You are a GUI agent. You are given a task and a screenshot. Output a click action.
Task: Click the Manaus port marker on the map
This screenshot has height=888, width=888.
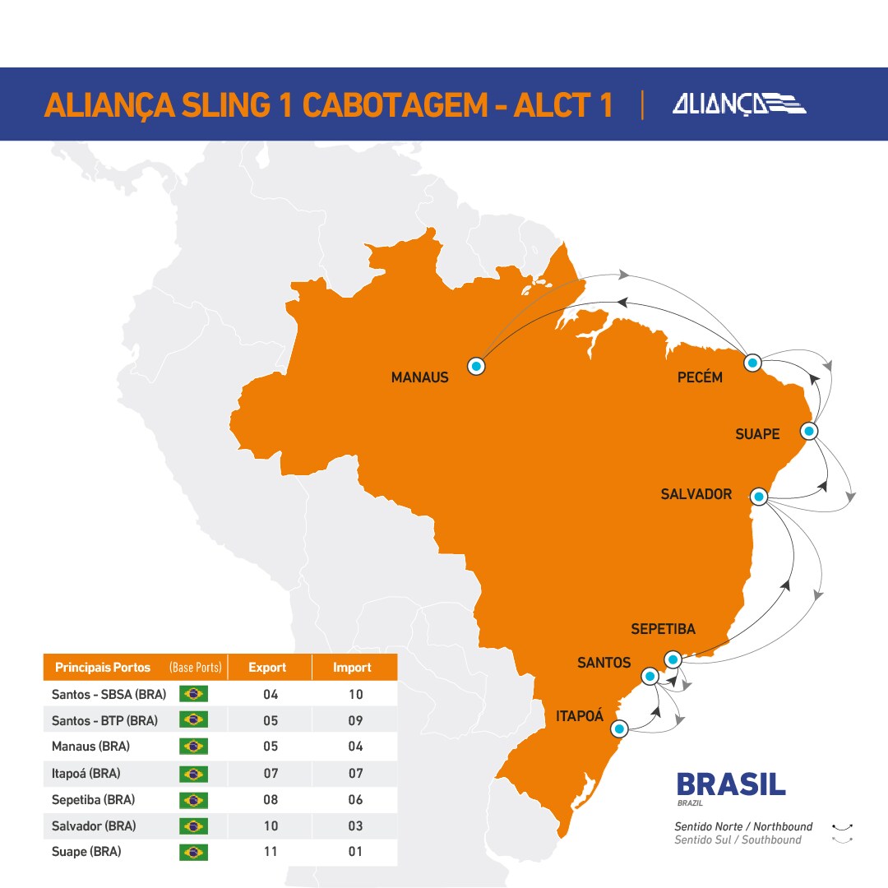click(476, 366)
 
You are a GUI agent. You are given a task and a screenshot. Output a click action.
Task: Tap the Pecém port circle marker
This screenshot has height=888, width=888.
click(752, 363)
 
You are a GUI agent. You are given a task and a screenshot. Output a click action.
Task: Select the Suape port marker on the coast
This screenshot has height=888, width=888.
click(809, 431)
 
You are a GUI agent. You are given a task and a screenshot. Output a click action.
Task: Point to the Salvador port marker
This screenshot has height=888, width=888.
click(759, 497)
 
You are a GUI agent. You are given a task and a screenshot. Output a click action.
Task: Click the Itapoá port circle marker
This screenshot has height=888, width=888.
click(620, 728)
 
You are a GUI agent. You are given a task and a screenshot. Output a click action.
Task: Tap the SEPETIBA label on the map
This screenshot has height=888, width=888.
click(663, 629)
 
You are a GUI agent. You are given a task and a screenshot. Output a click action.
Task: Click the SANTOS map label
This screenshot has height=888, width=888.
click(604, 663)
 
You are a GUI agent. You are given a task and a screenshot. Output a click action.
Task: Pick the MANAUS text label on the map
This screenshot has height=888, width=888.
click(419, 378)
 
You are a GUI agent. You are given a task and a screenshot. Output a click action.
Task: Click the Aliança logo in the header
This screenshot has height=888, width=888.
click(738, 104)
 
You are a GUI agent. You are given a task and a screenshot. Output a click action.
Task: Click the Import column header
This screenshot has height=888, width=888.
click(353, 668)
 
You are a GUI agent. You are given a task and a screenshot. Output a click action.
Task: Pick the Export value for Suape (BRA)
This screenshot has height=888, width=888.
click(271, 852)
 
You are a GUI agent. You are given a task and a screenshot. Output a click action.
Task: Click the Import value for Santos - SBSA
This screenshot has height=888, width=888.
click(355, 694)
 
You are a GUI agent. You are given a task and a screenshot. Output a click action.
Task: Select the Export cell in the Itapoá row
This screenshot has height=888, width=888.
click(271, 773)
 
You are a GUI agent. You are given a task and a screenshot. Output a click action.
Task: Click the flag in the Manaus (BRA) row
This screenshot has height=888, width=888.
click(193, 747)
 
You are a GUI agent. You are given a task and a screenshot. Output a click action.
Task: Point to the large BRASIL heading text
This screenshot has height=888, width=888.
click(730, 784)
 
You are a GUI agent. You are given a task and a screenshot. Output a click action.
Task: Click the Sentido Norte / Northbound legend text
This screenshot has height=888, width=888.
click(743, 826)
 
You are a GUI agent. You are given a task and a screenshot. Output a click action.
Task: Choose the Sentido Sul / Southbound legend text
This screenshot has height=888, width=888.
click(738, 839)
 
